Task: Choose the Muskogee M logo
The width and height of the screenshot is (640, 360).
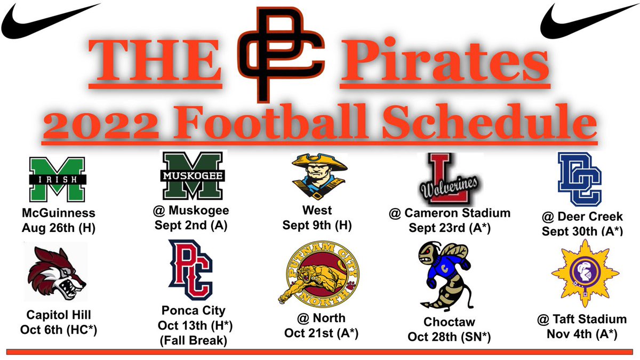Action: point(195,176)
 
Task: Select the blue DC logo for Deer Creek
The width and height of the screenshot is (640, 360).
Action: point(579,179)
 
